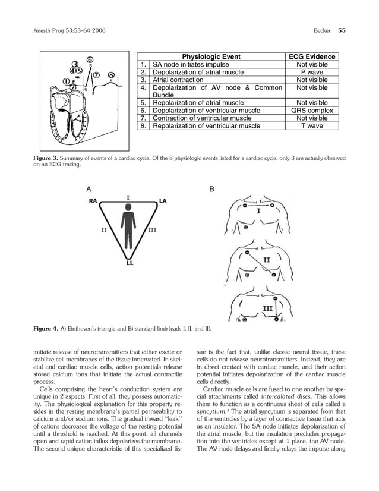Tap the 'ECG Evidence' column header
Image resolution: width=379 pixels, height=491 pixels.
(x=312, y=57)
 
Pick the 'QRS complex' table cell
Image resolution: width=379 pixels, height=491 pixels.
(x=312, y=110)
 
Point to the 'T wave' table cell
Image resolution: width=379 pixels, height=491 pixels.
(x=312, y=125)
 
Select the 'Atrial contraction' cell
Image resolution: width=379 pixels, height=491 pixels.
(x=178, y=80)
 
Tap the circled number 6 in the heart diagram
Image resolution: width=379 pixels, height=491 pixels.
(x=90, y=59)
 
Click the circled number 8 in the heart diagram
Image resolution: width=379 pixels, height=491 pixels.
(x=111, y=75)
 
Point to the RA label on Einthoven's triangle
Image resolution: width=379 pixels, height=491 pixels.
(x=93, y=202)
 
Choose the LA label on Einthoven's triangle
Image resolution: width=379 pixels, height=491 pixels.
(x=163, y=202)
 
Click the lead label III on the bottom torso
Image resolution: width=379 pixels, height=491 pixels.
(x=268, y=307)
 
